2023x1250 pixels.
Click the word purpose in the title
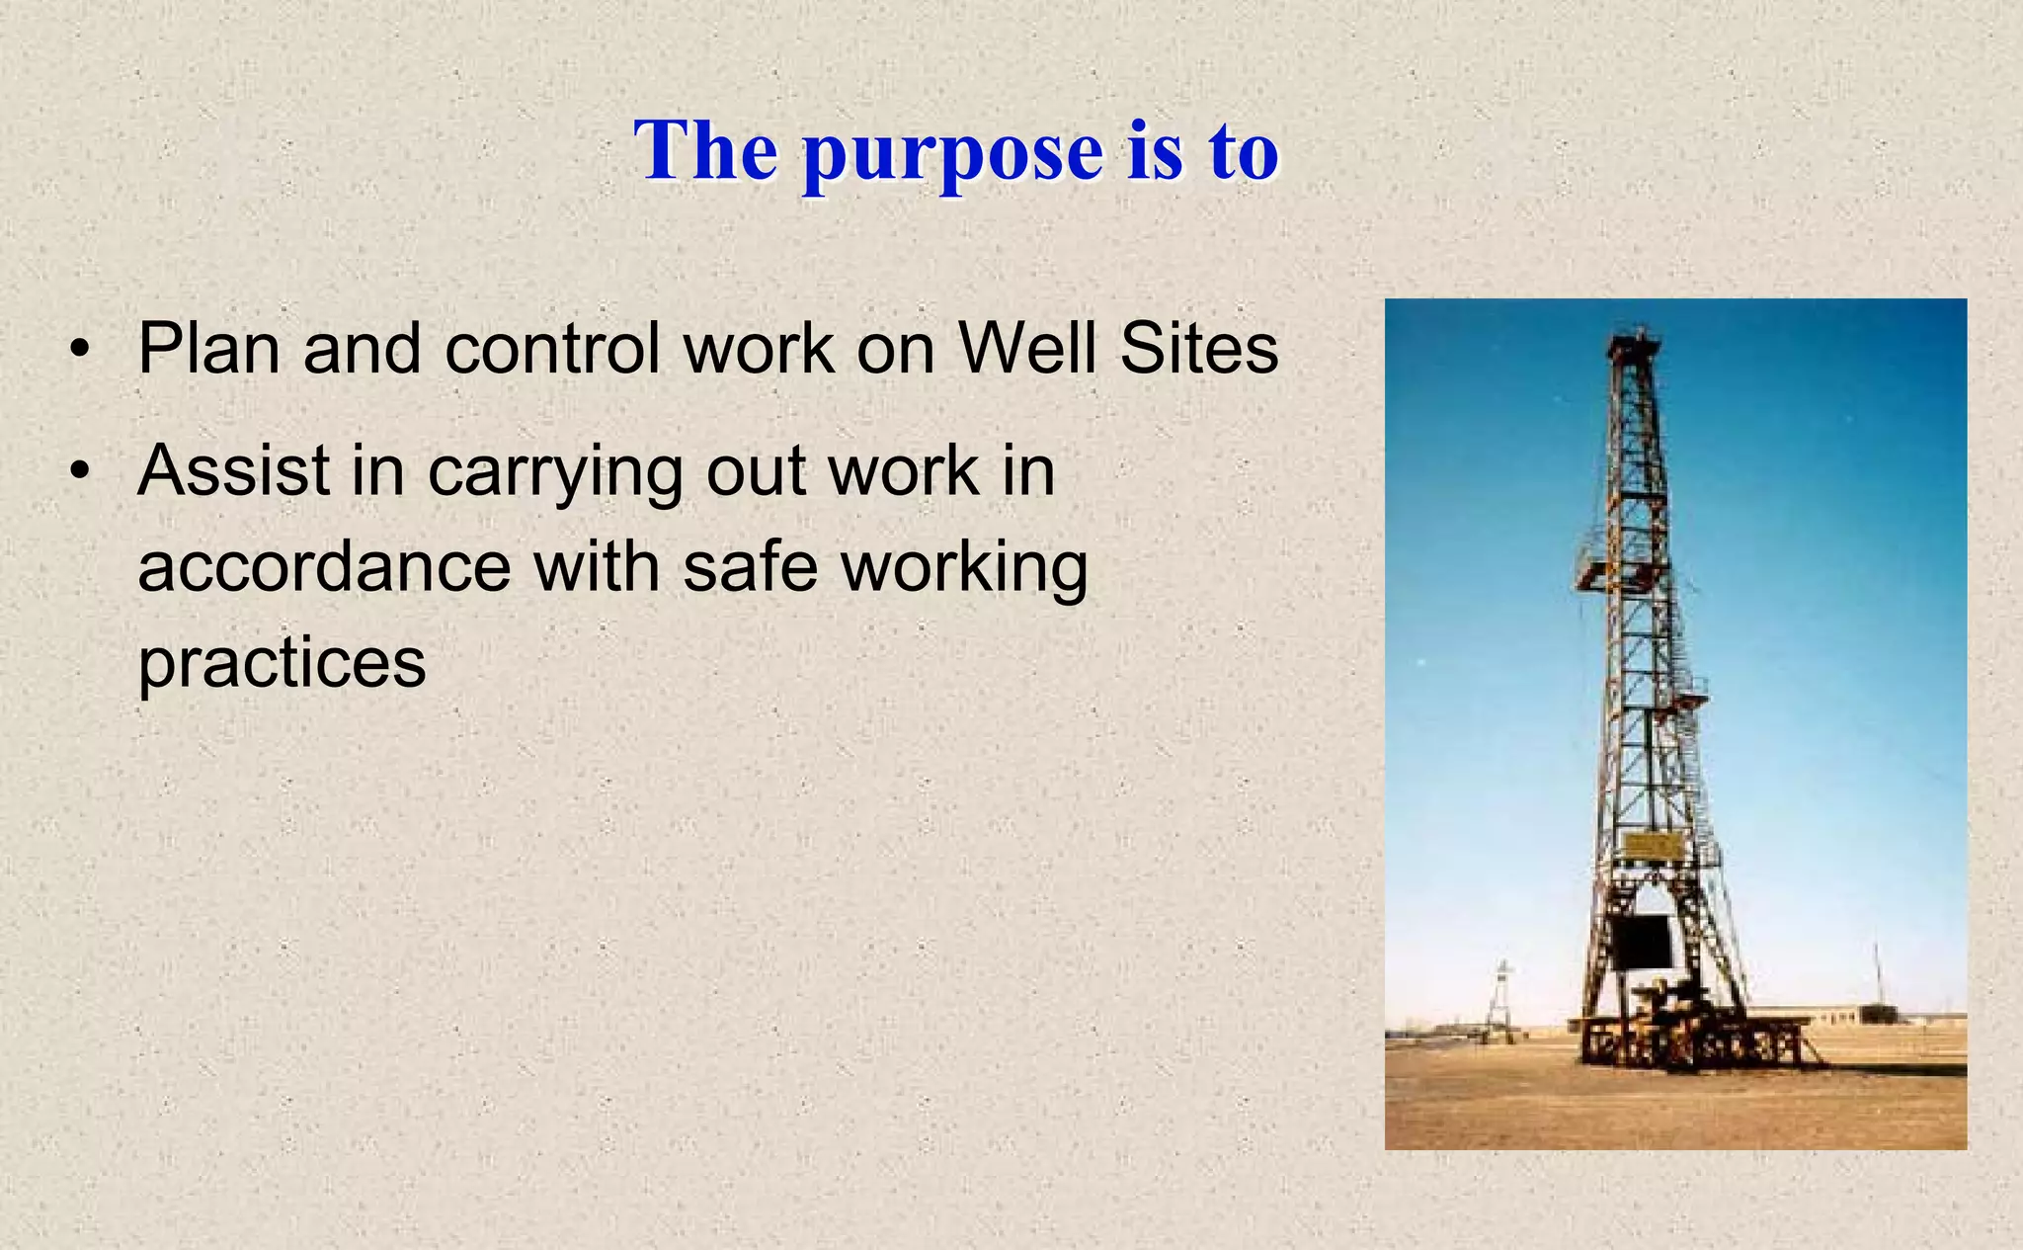pos(952,153)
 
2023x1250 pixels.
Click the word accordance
pos(324,567)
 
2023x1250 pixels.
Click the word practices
pos(282,662)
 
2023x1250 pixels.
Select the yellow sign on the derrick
pos(1653,846)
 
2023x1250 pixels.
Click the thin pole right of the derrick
pos(1877,978)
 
